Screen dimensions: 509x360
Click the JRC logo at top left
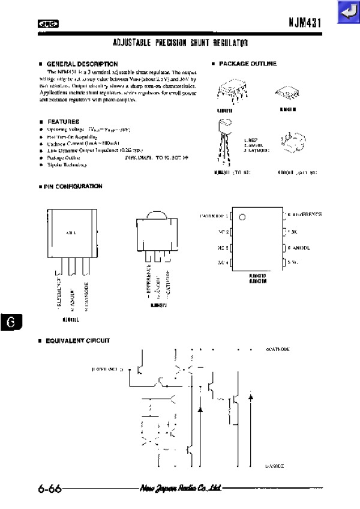[48, 23]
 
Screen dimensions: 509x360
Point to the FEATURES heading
[63, 121]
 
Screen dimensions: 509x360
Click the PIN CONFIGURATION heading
[73, 187]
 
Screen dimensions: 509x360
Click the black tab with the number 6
[11, 322]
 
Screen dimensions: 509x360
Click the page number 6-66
[49, 488]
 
